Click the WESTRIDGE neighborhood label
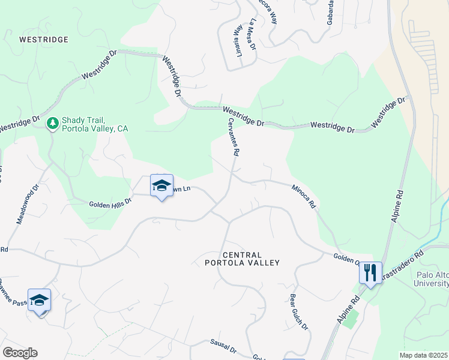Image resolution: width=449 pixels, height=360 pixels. (x=44, y=40)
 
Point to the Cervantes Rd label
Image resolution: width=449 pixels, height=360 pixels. (x=234, y=136)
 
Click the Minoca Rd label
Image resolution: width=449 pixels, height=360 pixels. (x=304, y=196)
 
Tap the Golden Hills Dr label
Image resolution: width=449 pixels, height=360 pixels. (x=110, y=203)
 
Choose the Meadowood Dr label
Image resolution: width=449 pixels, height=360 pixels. (x=28, y=204)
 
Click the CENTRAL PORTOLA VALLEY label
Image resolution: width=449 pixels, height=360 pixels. (x=243, y=259)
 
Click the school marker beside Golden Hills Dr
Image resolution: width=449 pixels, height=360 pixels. (x=161, y=186)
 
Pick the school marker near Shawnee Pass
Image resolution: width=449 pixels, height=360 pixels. (x=39, y=301)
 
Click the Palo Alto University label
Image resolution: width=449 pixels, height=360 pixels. (x=432, y=279)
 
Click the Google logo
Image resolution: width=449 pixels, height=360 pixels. (x=20, y=353)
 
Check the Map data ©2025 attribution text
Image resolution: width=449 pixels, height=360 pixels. (x=423, y=355)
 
